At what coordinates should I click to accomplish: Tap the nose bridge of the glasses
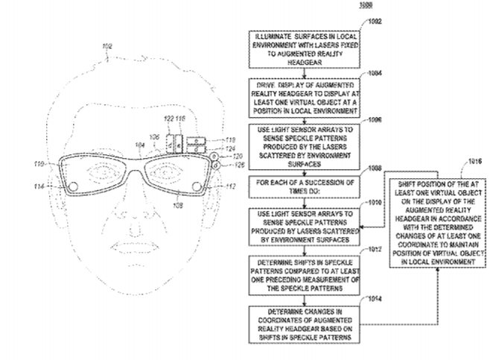point(134,162)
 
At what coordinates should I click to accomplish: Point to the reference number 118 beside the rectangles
point(230,139)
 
